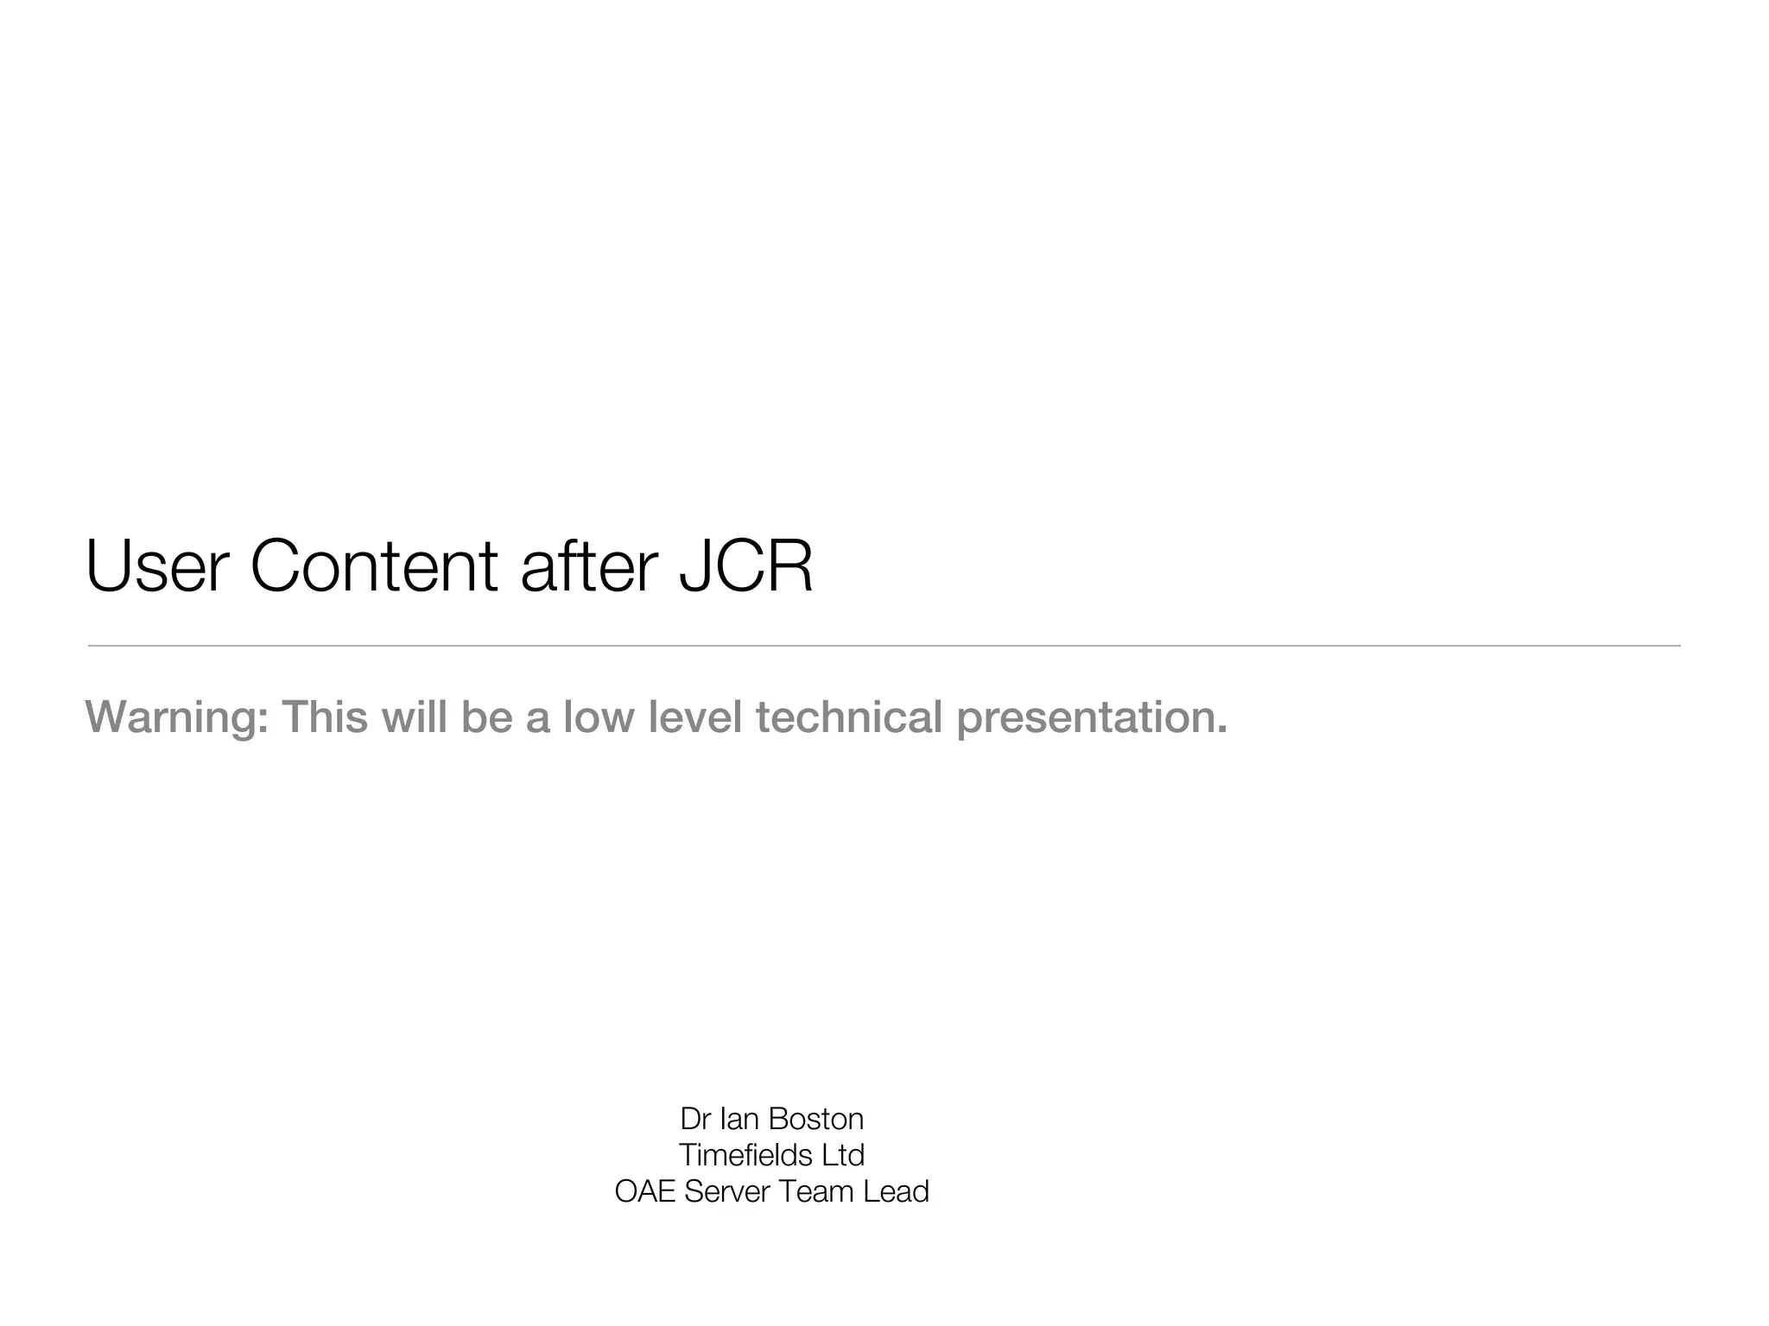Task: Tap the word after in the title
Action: [589, 566]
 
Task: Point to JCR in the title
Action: [745, 566]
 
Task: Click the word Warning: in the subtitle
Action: [176, 717]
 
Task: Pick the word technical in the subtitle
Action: [848, 717]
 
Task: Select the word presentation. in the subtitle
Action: [1092, 717]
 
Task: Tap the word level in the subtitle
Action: [694, 717]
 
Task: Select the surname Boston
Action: [815, 1119]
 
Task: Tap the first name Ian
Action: [739, 1119]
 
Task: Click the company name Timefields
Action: [745, 1155]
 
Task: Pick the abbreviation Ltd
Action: [843, 1155]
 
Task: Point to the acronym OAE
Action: [645, 1191]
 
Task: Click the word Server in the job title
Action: [726, 1191]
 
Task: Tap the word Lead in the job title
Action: [897, 1191]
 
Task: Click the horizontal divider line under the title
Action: [884, 646]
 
